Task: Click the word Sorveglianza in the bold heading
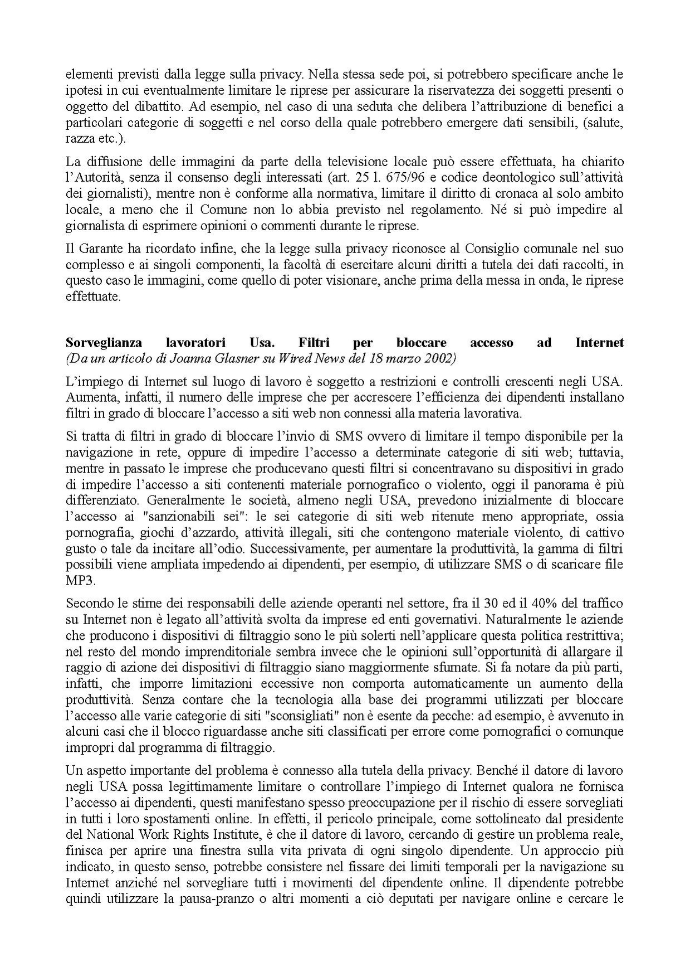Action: pyautogui.click(x=104, y=343)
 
